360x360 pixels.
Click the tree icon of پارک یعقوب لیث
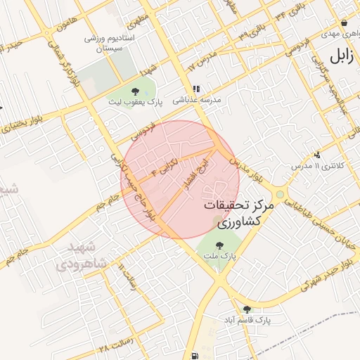pyautogui.click(x=136, y=91)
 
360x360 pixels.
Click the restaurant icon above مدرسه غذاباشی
pyautogui.click(x=196, y=89)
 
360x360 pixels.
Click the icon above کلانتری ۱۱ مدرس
pyautogui.click(x=317, y=154)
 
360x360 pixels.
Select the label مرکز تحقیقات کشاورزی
pyautogui.click(x=239, y=214)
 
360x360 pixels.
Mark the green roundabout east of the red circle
pyautogui.click(x=280, y=194)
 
